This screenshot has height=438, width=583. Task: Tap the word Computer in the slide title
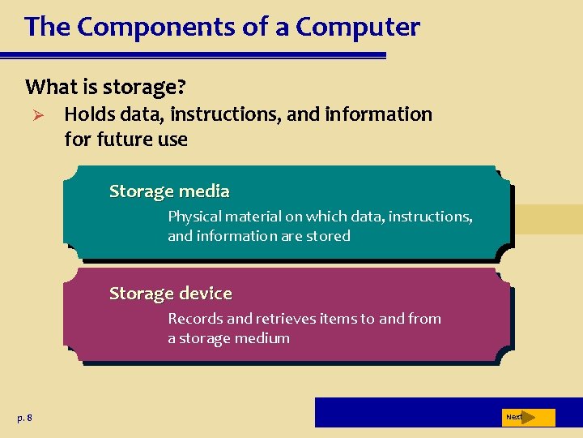pyautogui.click(x=358, y=27)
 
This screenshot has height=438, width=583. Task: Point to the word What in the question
pyautogui.click(x=48, y=86)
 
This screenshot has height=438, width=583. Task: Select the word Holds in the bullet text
pyautogui.click(x=90, y=114)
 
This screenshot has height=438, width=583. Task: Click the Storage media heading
pyautogui.click(x=169, y=191)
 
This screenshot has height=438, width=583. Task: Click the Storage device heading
pyautogui.click(x=171, y=293)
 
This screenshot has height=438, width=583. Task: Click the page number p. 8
pyautogui.click(x=24, y=418)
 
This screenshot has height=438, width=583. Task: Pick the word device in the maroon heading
pyautogui.click(x=206, y=293)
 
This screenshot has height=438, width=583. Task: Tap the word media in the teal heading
pyautogui.click(x=205, y=191)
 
